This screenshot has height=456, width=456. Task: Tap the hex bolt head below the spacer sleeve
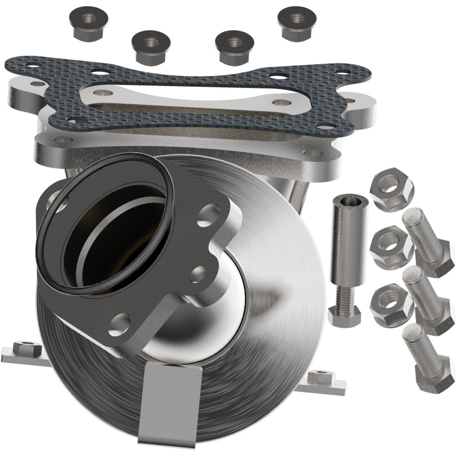344,315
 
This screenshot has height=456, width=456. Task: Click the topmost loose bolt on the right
425,240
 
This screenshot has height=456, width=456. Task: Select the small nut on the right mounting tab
321,377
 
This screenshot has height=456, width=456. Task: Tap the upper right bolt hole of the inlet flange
209,215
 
